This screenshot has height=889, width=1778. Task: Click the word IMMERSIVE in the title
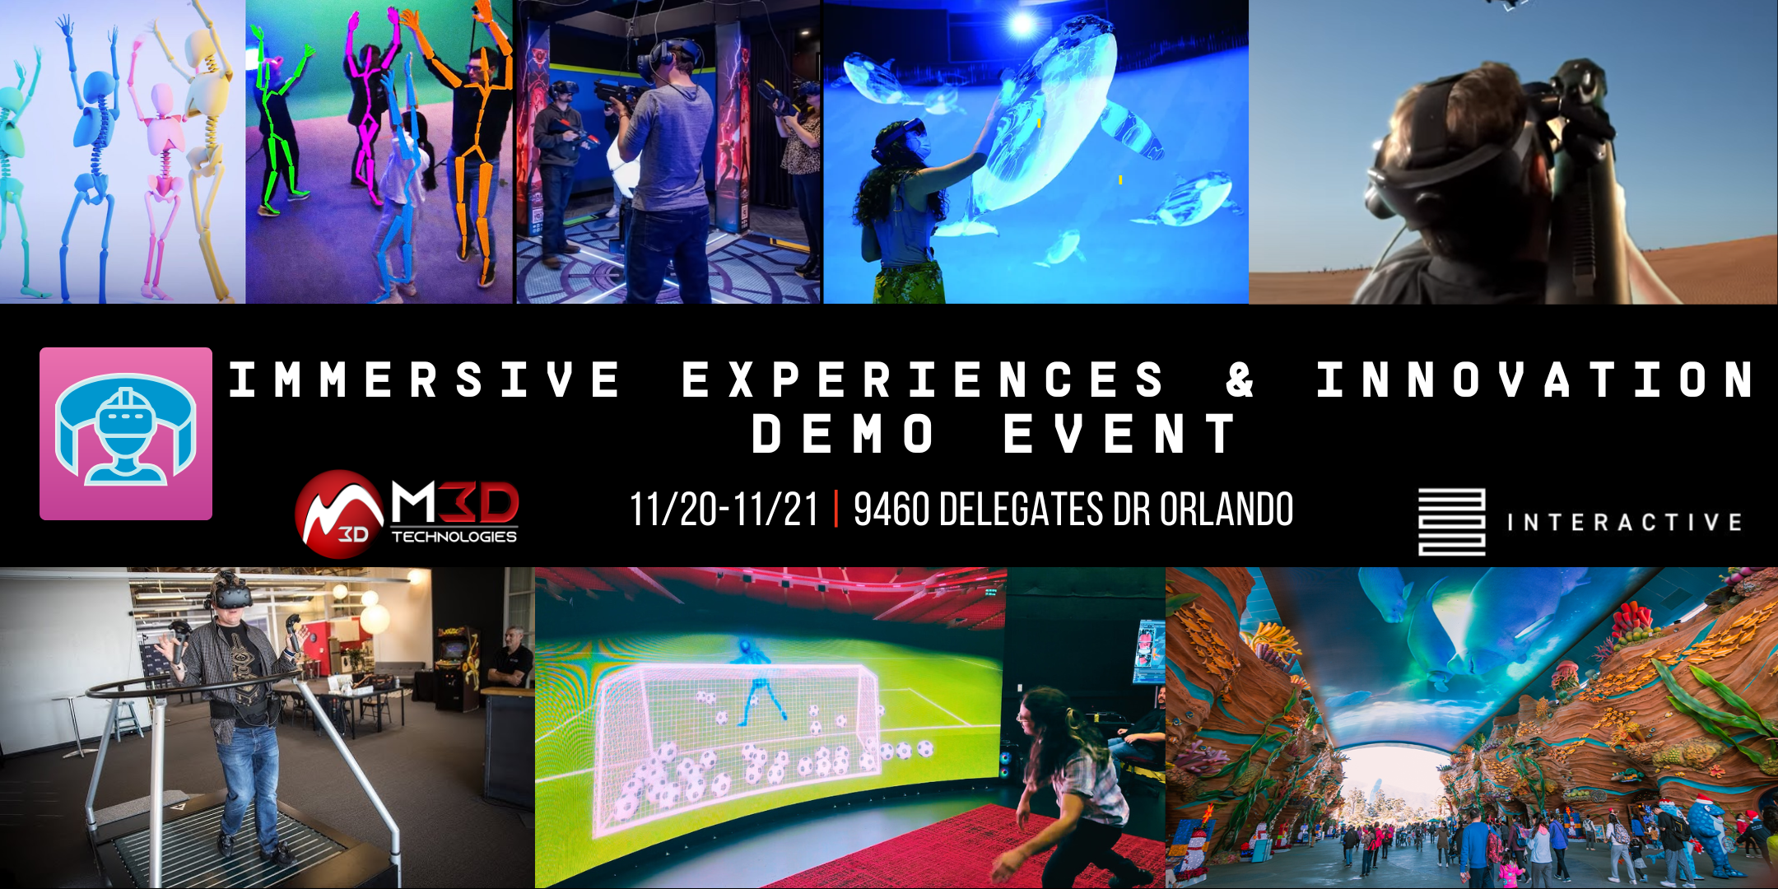coord(425,380)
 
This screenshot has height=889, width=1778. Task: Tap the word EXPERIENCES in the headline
coord(924,380)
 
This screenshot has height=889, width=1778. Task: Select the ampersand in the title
coord(1240,380)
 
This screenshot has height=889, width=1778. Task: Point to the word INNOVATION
coord(1536,380)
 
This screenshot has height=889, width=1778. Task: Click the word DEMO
coord(843,434)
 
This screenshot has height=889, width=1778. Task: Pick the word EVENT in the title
coord(1120,434)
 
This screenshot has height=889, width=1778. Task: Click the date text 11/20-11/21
coord(724,510)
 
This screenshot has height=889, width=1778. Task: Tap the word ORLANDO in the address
coord(1226,510)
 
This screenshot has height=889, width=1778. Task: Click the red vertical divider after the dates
coord(836,510)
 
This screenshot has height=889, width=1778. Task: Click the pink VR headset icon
coord(126,434)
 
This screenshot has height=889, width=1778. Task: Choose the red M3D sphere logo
coord(339,514)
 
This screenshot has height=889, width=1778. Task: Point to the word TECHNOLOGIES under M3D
coord(454,537)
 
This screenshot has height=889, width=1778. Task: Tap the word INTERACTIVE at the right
coord(1624,523)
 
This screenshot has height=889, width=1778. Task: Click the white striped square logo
coord(1451,522)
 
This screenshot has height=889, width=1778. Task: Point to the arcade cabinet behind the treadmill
coord(458,667)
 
